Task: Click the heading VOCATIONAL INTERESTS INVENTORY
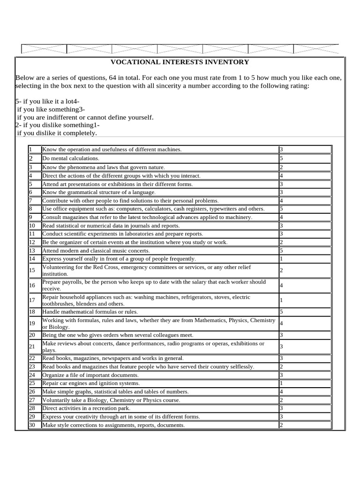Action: (180, 62)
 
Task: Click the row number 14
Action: (32, 259)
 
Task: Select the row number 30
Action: (32, 425)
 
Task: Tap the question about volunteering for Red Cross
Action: (146, 270)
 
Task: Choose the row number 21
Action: (32, 346)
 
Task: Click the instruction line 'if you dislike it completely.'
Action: (57, 133)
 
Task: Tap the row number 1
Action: (30, 150)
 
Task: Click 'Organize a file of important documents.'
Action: (90, 375)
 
